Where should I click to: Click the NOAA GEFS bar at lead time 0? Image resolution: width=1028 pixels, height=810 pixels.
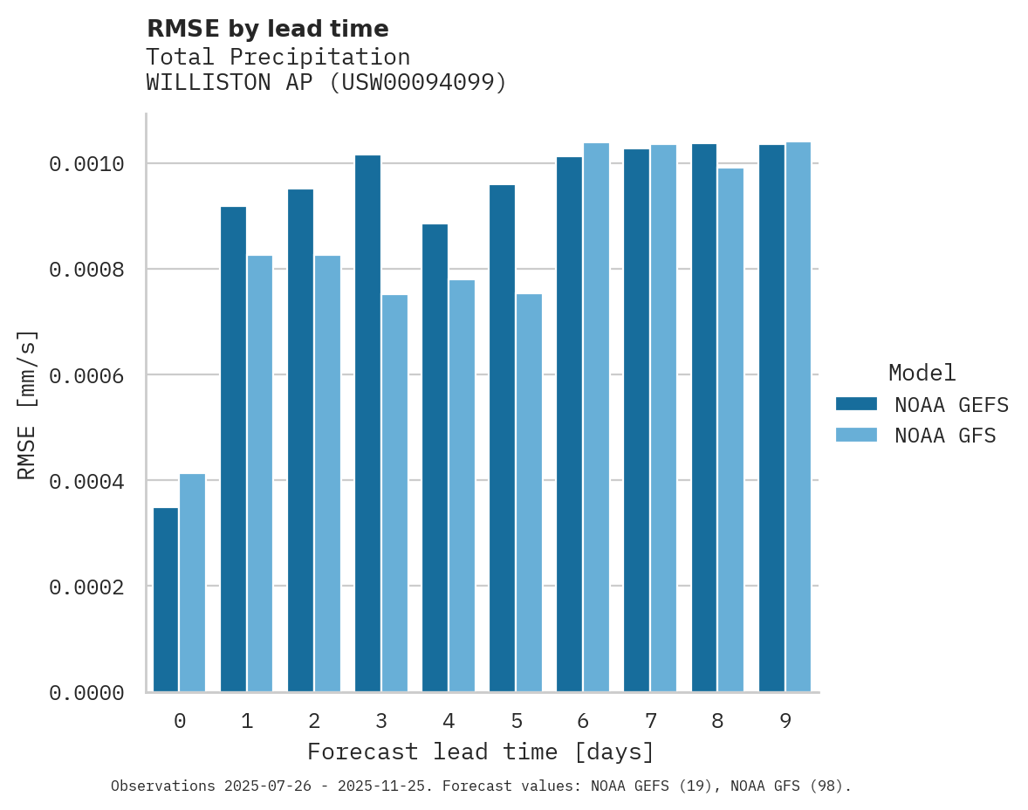click(166, 600)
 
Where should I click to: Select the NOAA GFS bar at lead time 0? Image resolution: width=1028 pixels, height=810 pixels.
click(193, 583)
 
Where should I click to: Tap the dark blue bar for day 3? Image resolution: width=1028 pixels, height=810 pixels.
click(367, 423)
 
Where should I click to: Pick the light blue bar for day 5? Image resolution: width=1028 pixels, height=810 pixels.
click(529, 493)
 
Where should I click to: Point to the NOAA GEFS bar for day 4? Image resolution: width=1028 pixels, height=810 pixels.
click(435, 458)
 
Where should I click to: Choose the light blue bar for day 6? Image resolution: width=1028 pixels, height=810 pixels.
click(596, 417)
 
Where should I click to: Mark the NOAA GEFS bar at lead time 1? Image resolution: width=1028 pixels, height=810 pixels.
click(233, 450)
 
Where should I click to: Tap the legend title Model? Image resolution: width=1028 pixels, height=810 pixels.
click(922, 373)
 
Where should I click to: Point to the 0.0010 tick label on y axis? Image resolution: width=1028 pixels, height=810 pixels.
click(86, 164)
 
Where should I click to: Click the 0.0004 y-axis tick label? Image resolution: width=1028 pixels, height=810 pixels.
click(86, 481)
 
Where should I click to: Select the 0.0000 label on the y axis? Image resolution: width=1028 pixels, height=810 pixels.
click(86, 693)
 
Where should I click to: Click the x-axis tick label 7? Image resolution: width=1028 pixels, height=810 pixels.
click(651, 721)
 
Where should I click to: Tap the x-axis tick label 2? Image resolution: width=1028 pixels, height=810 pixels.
click(314, 721)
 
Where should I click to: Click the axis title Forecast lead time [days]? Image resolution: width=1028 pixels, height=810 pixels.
click(481, 752)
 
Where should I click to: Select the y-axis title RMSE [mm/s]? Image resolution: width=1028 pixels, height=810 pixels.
click(28, 404)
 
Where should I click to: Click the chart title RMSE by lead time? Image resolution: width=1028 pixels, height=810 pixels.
click(267, 29)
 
